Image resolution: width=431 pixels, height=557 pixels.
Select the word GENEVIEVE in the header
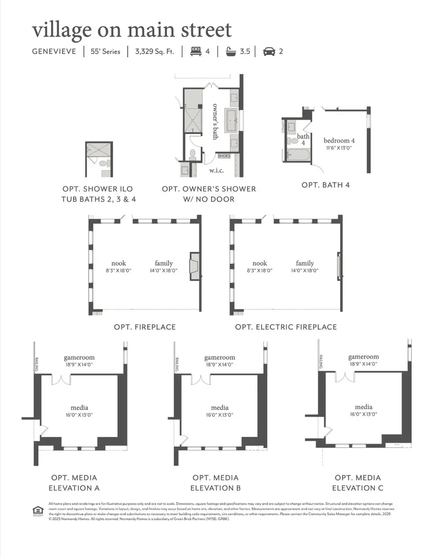point(54,51)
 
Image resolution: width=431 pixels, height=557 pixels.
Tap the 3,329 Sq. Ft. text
point(155,51)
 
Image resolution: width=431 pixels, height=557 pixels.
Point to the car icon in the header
point(269,51)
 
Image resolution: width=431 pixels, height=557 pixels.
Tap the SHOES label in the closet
point(224,156)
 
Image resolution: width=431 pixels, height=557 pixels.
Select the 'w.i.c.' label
point(214,170)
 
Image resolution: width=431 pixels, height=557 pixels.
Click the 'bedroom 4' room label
point(339,141)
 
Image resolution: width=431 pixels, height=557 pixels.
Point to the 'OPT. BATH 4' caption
point(325,184)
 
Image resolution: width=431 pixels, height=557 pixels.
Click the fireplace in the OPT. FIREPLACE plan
point(195,266)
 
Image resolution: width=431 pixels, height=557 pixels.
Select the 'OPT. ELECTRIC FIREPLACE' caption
point(286,327)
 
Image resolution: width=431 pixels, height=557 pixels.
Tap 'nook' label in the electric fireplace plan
point(260,263)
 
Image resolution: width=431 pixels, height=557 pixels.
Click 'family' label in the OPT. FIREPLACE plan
point(164,263)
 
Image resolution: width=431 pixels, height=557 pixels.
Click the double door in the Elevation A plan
point(61,379)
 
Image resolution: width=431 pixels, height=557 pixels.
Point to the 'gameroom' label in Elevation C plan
point(363,357)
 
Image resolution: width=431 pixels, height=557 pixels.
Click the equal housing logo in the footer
point(36,509)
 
